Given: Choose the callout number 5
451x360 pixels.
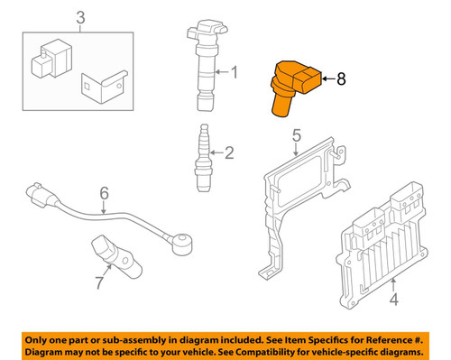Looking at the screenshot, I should [x=295, y=136].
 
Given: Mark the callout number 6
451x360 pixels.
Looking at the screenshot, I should [x=103, y=193].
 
